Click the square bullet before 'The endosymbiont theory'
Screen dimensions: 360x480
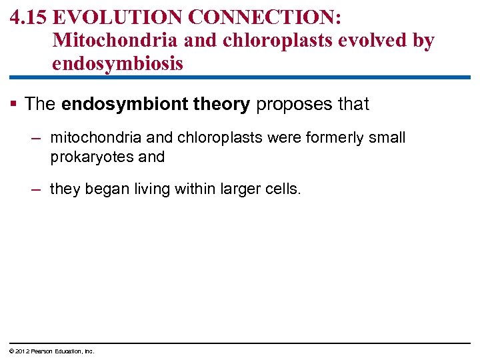[15, 104]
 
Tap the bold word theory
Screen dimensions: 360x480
[220, 104]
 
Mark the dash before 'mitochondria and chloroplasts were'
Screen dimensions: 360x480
[36, 138]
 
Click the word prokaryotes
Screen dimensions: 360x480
[89, 157]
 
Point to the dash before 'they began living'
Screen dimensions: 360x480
[36, 189]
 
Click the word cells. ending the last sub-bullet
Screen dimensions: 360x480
[283, 189]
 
